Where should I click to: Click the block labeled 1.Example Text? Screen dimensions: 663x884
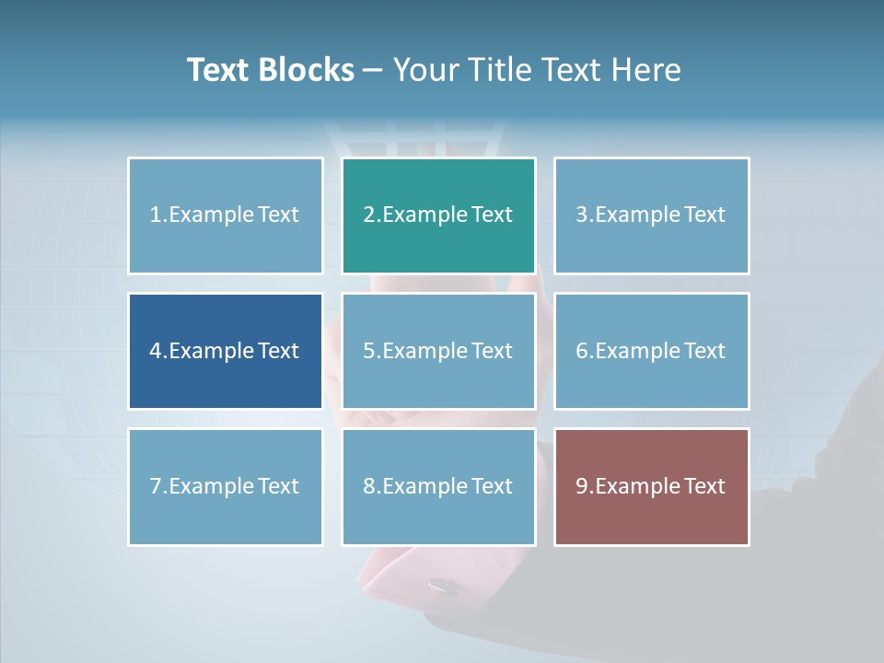pos(226,215)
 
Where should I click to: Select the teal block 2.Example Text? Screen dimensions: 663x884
pos(438,215)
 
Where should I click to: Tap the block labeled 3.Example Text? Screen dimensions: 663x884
pos(651,215)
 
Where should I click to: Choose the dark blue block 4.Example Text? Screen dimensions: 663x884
pos(226,351)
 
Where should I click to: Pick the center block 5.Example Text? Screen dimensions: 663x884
pos(438,351)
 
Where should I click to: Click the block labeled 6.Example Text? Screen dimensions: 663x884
pos(651,351)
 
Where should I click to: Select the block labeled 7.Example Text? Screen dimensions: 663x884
pos(226,486)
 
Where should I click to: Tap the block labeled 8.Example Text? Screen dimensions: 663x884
pos(438,486)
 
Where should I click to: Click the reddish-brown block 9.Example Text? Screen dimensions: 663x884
pos(651,486)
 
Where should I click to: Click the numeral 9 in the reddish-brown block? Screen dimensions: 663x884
pos(582,486)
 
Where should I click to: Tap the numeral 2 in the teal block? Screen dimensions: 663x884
pos(369,215)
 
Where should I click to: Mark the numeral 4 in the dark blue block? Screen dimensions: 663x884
pos(156,351)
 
